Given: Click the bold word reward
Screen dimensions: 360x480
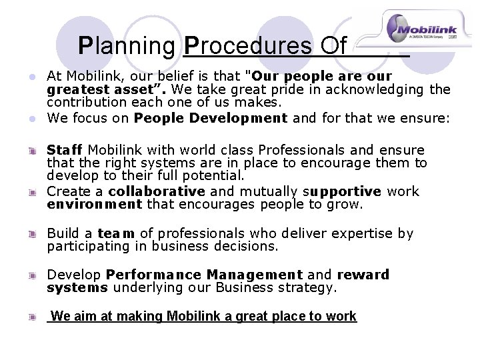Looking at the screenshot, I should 363,275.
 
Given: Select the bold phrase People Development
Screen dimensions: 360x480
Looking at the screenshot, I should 210,119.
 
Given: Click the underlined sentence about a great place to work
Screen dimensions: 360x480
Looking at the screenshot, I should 203,316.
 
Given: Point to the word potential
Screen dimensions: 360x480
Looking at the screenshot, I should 212,176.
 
